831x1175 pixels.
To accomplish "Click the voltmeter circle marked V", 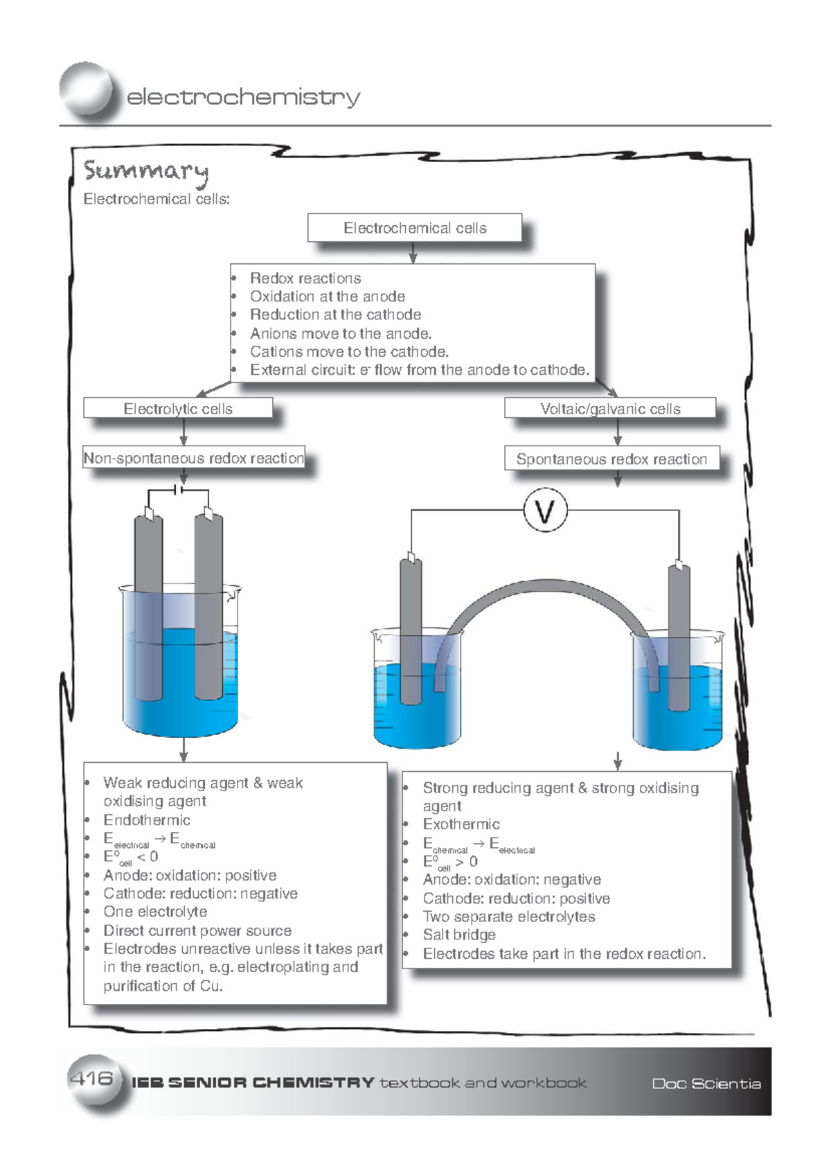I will pyautogui.click(x=546, y=511).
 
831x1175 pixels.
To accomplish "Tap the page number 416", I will pyautogui.click(x=91, y=1078).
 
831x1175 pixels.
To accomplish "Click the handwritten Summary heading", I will pyautogui.click(x=145, y=170).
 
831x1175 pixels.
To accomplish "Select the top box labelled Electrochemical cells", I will pyautogui.click(x=414, y=228).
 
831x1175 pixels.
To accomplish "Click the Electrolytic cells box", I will pyautogui.click(x=178, y=409).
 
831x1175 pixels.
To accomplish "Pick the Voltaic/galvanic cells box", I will pyautogui.click(x=609, y=409).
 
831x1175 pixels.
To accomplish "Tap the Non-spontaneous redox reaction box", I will pyautogui.click(x=193, y=458).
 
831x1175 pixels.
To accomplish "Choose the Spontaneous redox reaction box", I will pyautogui.click(x=611, y=459).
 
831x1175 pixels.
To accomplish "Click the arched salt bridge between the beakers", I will pyautogui.click(x=547, y=590).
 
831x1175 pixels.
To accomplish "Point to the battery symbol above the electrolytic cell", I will pyautogui.click(x=179, y=490).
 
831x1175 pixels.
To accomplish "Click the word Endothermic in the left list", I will pyautogui.click(x=147, y=820).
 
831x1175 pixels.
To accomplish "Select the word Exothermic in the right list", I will pyautogui.click(x=461, y=824).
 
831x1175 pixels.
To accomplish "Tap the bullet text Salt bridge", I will pyautogui.click(x=459, y=935).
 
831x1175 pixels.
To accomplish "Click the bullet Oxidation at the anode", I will pyautogui.click(x=328, y=297).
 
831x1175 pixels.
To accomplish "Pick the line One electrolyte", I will pyautogui.click(x=155, y=912).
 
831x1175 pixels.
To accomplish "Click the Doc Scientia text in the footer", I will pyautogui.click(x=706, y=1084).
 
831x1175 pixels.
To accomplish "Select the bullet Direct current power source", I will pyautogui.click(x=197, y=930).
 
